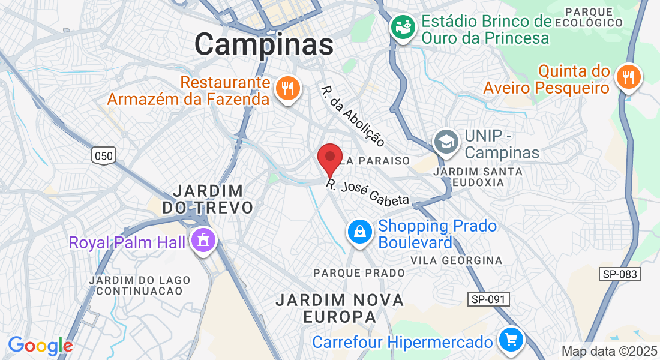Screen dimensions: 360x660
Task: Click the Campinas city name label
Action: coord(263,44)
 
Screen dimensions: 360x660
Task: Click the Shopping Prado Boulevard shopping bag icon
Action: coord(359,232)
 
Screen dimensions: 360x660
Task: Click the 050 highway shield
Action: coord(103,156)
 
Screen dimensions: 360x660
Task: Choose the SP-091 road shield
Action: coord(489,299)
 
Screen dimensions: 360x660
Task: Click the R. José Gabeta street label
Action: coord(368,193)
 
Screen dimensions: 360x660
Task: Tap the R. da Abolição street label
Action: coord(353,116)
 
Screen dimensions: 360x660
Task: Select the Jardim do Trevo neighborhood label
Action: coord(208,199)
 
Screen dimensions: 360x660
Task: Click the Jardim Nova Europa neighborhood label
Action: coord(340,308)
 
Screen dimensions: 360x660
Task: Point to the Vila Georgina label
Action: coord(456,260)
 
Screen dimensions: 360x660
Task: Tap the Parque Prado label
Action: coord(359,273)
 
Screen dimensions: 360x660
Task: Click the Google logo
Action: coord(40,346)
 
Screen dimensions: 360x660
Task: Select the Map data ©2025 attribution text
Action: coord(608,351)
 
